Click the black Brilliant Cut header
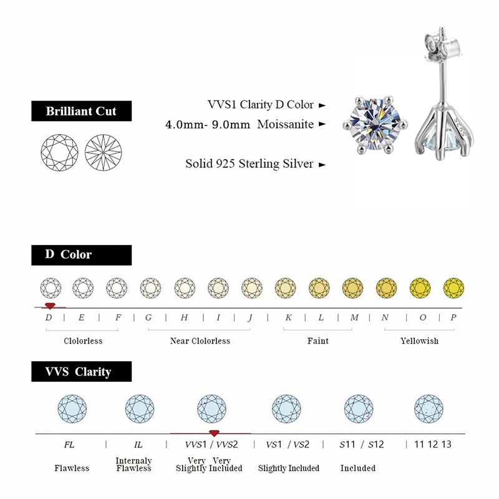pos(81,112)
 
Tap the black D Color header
pos(81,254)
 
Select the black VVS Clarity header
pos(81,372)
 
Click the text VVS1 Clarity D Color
pos(261,105)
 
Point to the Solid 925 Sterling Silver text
pos(249,164)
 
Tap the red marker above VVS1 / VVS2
pos(214,433)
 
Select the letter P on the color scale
pos(453,317)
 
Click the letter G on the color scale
pos(148,317)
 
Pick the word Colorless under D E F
pos(83,341)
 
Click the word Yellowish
pos(419,341)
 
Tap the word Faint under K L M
pos(318,341)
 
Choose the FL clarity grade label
pos(69,445)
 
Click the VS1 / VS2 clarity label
pos(288,445)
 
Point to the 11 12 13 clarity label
pos(429,445)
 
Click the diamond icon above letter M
pos(352,288)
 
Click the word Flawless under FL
pos(72,468)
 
